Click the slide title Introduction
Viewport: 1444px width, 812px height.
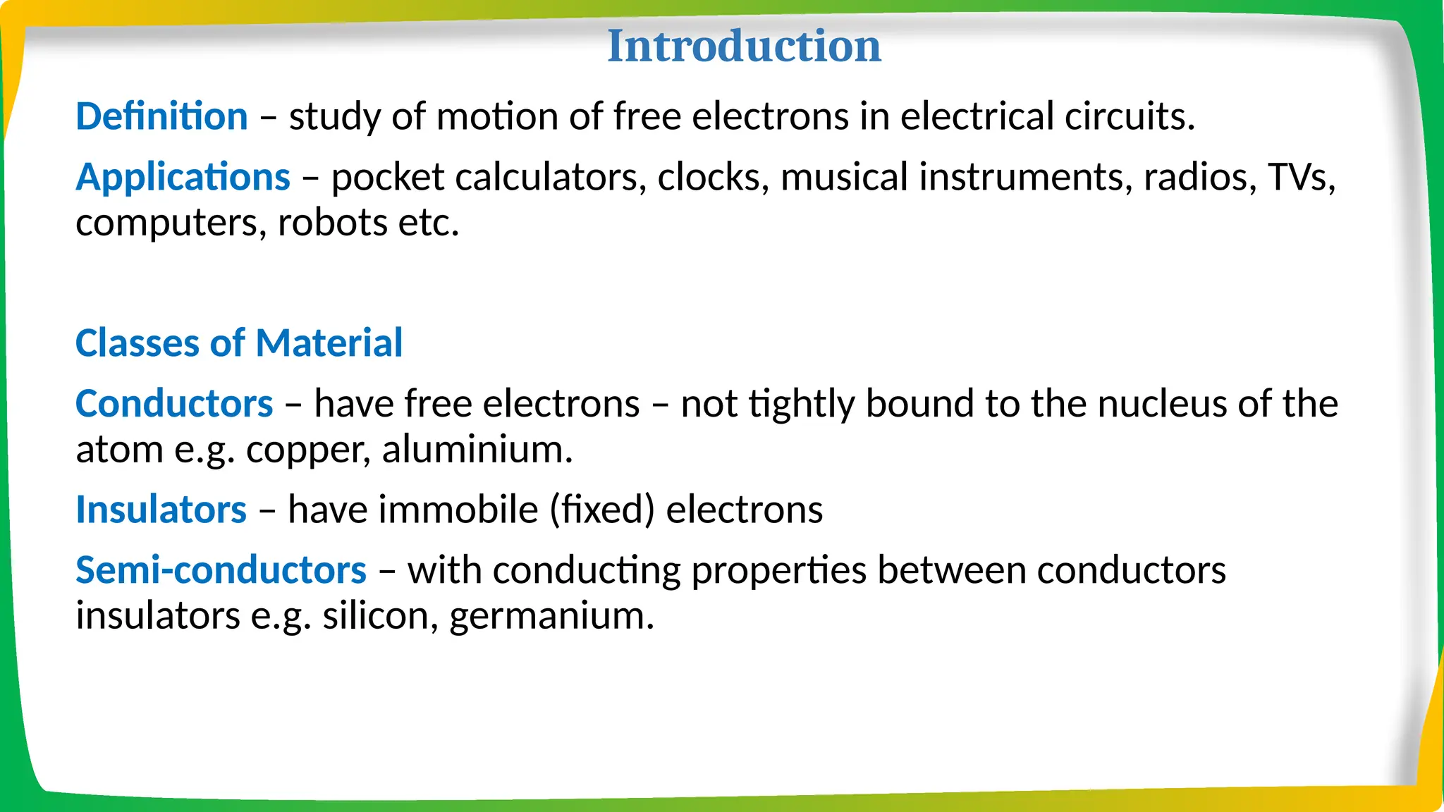click(744, 46)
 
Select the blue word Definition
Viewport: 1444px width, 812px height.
click(161, 116)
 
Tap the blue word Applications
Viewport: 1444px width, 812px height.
click(183, 176)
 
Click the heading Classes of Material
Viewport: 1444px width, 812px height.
click(239, 343)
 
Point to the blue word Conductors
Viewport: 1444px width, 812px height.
click(174, 404)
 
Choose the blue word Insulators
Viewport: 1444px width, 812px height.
click(161, 510)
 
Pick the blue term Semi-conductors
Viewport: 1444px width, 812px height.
click(221, 570)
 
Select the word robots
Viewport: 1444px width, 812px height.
click(332, 223)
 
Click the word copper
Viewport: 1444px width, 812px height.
click(308, 450)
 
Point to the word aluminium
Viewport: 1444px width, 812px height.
click(477, 450)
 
